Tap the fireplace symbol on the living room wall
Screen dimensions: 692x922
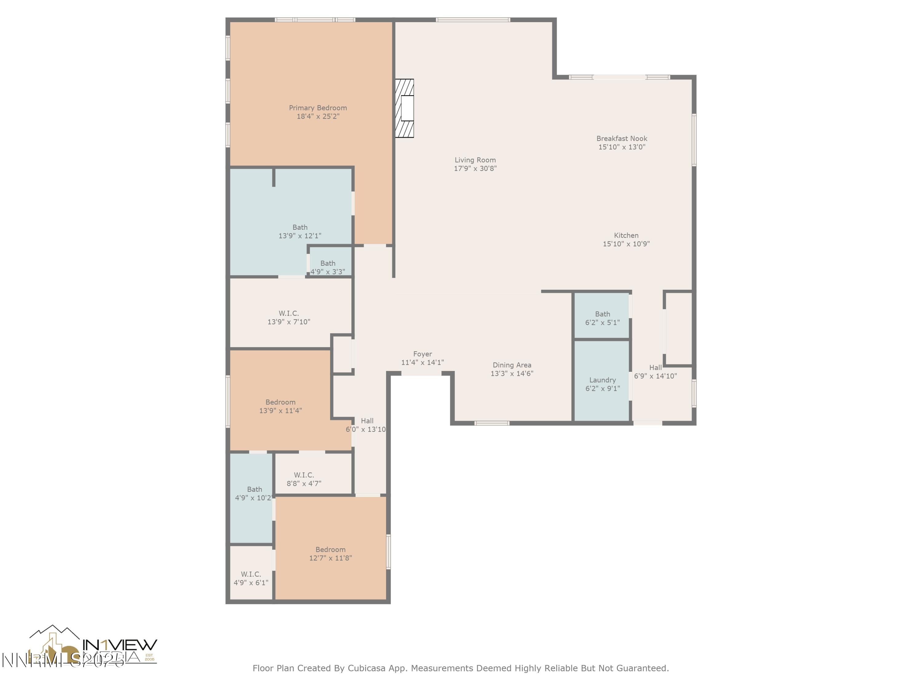coord(404,109)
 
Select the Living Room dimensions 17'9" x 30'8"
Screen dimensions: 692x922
coord(475,169)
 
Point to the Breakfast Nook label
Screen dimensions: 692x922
coord(621,138)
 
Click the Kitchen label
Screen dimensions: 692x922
coord(626,235)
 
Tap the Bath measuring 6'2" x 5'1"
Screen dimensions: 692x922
coord(602,318)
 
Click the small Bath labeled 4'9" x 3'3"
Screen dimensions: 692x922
coord(328,267)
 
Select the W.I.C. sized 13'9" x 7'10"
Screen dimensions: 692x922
coord(289,317)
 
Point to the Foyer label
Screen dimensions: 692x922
coord(422,354)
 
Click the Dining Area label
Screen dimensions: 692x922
coord(511,365)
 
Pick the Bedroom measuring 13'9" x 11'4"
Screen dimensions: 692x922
coord(281,406)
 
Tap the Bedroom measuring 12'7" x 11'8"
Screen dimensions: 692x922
coord(330,554)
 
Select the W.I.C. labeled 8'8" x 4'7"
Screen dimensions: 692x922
coord(304,479)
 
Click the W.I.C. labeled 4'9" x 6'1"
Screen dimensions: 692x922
coord(251,578)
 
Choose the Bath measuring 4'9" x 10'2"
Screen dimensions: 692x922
coord(254,493)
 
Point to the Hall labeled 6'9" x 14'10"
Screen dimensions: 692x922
coord(655,371)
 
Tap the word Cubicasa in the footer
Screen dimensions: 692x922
coord(365,668)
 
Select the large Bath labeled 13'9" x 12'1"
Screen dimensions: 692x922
coord(300,231)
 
